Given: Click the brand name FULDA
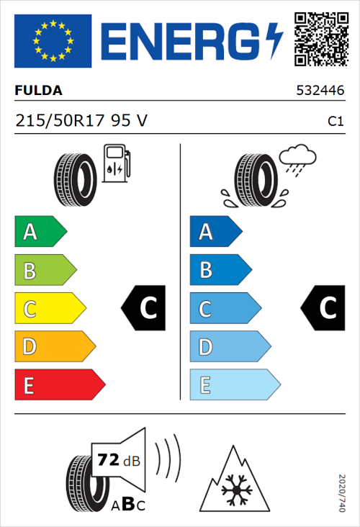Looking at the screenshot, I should click(x=38, y=91).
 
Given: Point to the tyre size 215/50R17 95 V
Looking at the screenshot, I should click(x=81, y=121).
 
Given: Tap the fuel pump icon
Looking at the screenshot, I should click(x=116, y=163).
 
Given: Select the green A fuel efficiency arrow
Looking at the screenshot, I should click(x=39, y=232).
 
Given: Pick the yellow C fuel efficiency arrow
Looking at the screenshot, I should click(x=49, y=309).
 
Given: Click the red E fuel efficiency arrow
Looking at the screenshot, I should click(x=58, y=385).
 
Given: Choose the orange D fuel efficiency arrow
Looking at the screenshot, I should click(x=54, y=347).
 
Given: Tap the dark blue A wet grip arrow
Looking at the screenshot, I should click(x=215, y=232).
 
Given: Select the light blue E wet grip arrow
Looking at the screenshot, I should click(x=233, y=385).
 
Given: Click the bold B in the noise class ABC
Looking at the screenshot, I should click(x=125, y=504).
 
